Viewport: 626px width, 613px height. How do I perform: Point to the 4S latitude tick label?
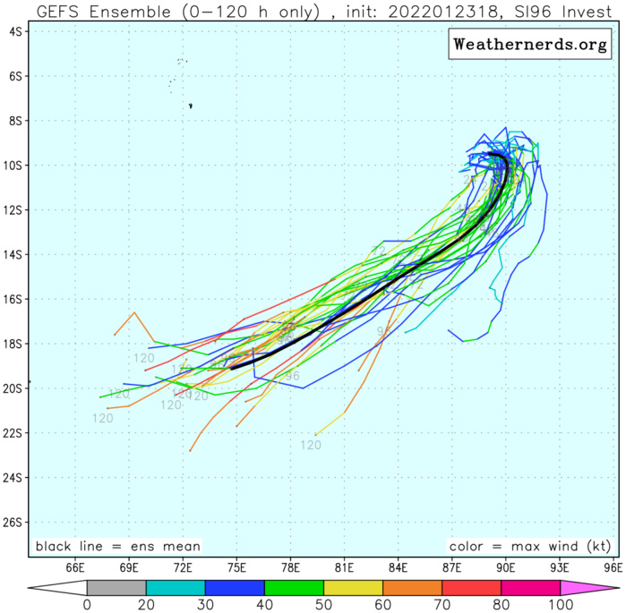coord(15,31)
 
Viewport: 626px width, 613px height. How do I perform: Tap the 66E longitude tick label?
coord(75,567)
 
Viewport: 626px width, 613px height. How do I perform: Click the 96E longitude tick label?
coord(613,567)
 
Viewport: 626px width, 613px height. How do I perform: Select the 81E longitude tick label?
coord(344,567)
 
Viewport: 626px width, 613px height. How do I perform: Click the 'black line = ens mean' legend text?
coord(117,546)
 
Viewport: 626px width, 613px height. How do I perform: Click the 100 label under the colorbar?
coord(561,604)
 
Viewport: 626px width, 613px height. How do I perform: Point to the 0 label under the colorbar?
coord(87,604)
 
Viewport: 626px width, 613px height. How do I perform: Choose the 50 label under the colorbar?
coord(323,604)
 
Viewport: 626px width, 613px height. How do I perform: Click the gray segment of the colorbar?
coord(116,588)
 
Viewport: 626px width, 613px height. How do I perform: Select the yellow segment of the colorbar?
coord(353,588)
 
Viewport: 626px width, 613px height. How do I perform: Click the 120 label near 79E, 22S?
coord(311,445)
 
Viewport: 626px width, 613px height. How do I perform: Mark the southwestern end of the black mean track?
coord(232,367)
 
